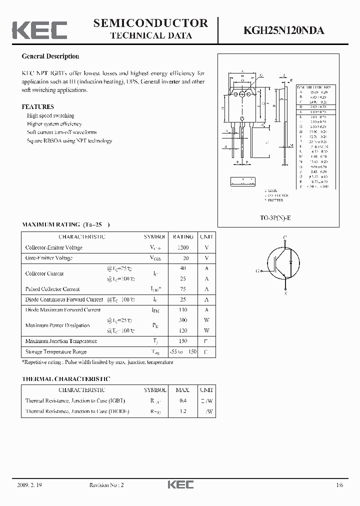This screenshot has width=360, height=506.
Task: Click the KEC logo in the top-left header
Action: click(39, 30)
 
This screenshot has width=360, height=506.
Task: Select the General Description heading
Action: click(50, 56)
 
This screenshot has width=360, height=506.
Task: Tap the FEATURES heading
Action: click(37, 106)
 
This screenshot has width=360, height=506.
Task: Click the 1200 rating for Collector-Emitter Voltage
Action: click(183, 247)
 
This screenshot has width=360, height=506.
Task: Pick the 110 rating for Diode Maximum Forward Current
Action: click(183, 310)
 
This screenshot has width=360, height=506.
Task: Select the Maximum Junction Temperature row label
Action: click(61, 341)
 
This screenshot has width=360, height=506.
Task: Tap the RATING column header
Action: click(183, 236)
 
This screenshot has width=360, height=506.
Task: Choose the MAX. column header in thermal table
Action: click(183, 389)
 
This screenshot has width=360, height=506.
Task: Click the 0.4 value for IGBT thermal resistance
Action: click(183, 400)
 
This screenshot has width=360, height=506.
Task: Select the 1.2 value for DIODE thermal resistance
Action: click(183, 411)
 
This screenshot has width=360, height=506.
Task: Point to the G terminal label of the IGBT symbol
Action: click(257, 271)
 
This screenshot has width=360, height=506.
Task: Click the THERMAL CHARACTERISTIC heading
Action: click(65, 379)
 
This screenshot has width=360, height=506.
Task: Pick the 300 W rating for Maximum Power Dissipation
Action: click(183, 320)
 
